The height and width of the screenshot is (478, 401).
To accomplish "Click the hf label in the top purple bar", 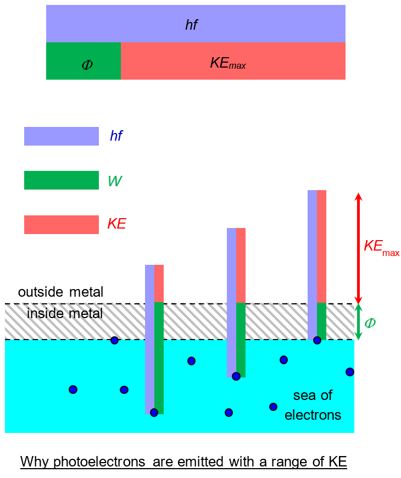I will coord(191,24).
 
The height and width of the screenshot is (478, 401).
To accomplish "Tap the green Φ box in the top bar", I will coord(83,62).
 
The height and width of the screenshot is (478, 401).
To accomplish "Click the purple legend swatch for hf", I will coord(61,136).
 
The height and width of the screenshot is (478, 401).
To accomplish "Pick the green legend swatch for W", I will coord(61,180).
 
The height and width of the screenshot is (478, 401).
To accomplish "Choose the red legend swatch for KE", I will coord(61,224).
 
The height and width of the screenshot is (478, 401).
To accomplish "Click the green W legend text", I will coord(115,181).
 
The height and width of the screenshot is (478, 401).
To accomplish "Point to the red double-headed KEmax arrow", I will coord(358,247).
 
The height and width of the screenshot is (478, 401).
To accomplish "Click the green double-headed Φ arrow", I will coord(358,322).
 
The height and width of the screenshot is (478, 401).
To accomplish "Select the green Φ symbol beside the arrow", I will coord(370,323).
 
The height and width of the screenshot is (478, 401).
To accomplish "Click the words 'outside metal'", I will coord(60,292).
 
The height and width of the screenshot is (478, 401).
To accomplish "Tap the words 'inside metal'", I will coord(65,314).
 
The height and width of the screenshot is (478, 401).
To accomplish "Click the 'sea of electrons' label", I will coord(313,405).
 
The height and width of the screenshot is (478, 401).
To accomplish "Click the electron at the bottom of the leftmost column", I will coord(154,413).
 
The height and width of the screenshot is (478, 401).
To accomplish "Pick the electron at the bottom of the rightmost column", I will coord(317,341).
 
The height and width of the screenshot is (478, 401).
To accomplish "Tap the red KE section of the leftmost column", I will coord(159,284).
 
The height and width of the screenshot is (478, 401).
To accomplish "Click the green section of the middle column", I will coord(241,340).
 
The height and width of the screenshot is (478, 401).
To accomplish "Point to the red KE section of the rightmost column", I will coord(321,246).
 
